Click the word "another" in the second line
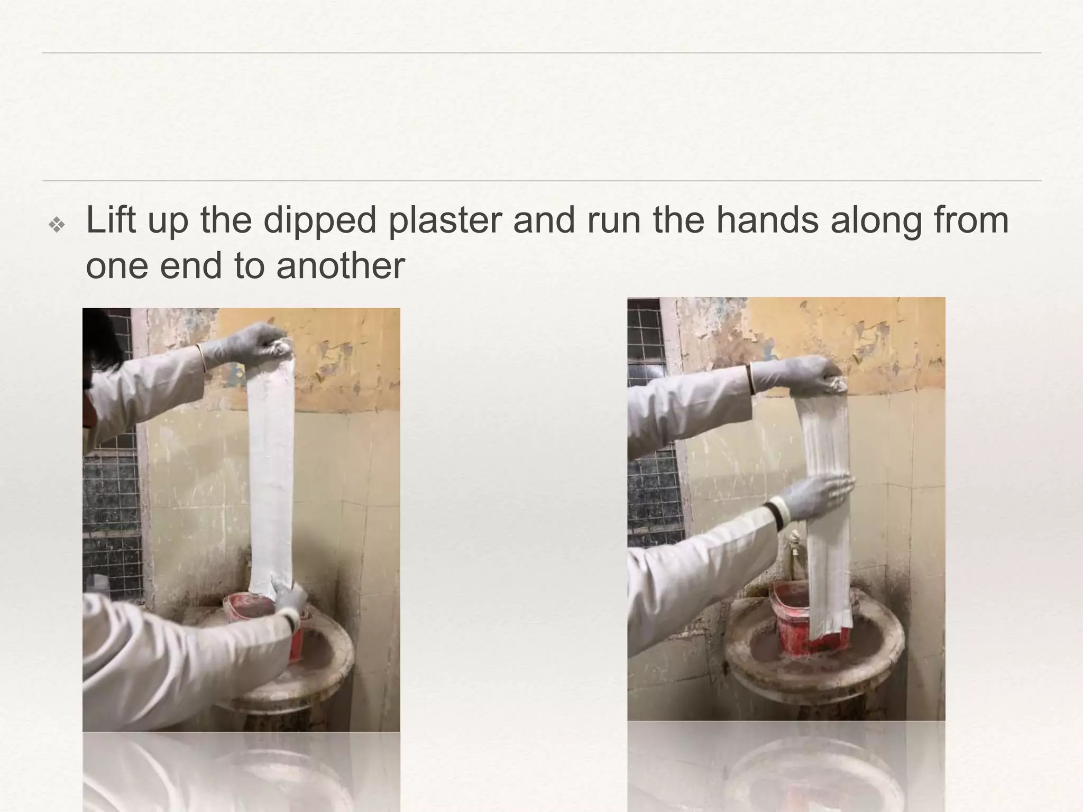point(340,265)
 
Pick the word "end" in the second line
point(190,265)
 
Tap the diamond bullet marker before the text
point(57,225)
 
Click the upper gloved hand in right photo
point(799,375)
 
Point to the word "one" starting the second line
point(117,265)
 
